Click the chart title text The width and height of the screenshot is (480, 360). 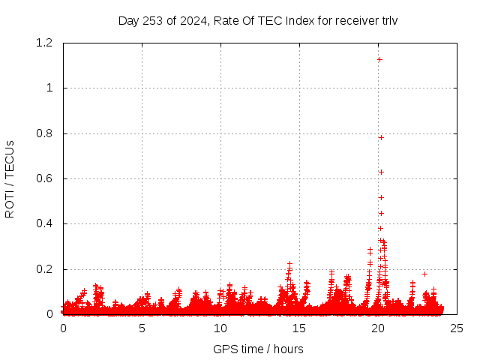258,20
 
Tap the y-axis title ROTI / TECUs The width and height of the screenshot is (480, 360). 10,179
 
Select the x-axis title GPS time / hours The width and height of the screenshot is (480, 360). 258,349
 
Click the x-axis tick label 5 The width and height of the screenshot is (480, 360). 142,328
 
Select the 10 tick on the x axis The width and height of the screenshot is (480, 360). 220,328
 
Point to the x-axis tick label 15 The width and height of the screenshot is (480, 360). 299,328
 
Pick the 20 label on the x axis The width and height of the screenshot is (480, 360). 378,328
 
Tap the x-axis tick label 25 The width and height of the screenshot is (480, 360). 457,328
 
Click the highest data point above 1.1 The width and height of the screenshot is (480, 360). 379,59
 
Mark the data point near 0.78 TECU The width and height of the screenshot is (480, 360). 381,137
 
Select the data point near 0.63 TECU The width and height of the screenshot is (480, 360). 381,172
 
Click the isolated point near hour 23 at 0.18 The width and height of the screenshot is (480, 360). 424,274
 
